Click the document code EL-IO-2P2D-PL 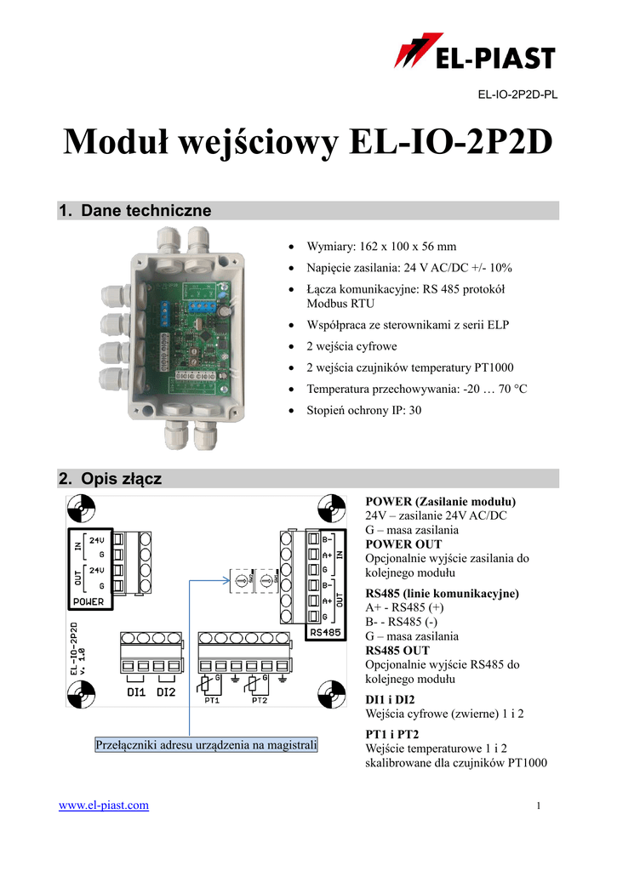click(x=517, y=94)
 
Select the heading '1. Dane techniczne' click(x=134, y=210)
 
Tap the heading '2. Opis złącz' click(x=110, y=479)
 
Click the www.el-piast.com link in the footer click(x=103, y=805)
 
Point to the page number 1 click(x=540, y=806)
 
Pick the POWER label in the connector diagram click(x=88, y=601)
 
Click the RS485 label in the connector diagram click(x=326, y=632)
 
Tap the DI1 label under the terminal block click(x=136, y=692)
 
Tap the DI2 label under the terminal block click(x=166, y=692)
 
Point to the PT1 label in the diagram click(x=212, y=701)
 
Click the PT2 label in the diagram click(x=260, y=701)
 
